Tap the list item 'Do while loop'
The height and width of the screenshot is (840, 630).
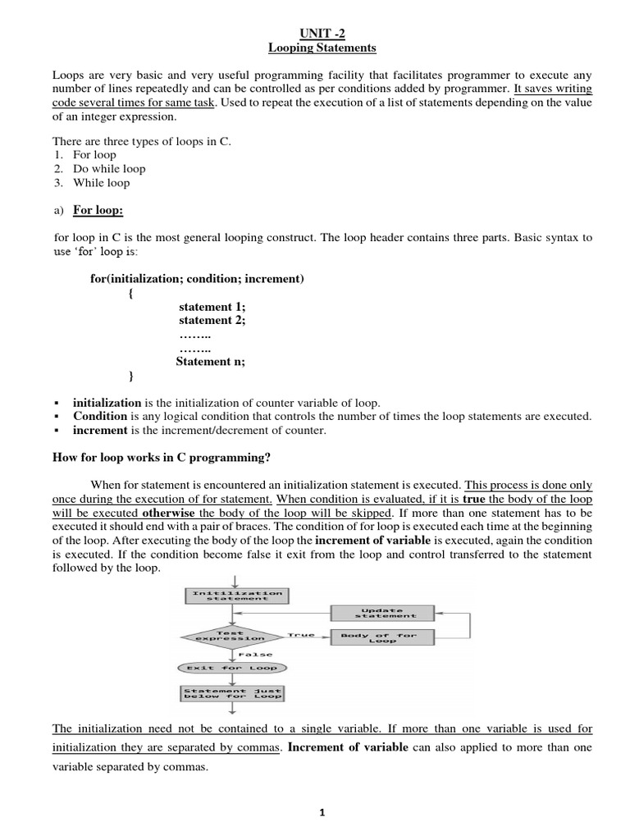point(109,168)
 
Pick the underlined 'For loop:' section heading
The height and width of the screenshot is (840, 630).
point(98,210)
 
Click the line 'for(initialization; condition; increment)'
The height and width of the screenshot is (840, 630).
point(197,279)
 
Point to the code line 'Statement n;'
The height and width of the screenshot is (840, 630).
point(211,361)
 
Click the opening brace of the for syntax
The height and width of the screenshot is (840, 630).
point(132,293)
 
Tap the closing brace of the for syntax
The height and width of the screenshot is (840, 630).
point(132,375)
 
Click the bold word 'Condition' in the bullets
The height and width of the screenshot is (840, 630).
point(99,416)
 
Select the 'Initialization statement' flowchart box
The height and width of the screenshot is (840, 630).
point(236,595)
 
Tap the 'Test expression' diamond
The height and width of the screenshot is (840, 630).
point(236,636)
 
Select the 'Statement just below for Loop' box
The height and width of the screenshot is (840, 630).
point(233,693)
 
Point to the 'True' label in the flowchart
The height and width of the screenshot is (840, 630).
point(301,634)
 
